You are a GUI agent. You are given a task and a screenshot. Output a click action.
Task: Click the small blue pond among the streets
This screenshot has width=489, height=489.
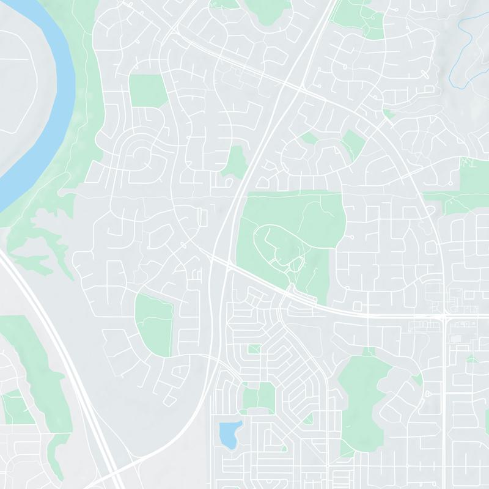pos(229,433)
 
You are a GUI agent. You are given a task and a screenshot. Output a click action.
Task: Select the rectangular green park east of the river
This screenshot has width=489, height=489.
pos(147,90)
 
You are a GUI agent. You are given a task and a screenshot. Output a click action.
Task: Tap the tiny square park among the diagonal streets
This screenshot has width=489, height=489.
pos(254,348)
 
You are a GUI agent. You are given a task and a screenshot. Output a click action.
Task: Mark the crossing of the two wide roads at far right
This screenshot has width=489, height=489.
pos(445,316)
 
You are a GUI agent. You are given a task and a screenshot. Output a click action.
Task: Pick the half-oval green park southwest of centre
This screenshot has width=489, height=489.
pos(154,324)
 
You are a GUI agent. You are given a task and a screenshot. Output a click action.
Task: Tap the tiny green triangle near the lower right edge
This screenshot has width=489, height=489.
pos(471,359)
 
